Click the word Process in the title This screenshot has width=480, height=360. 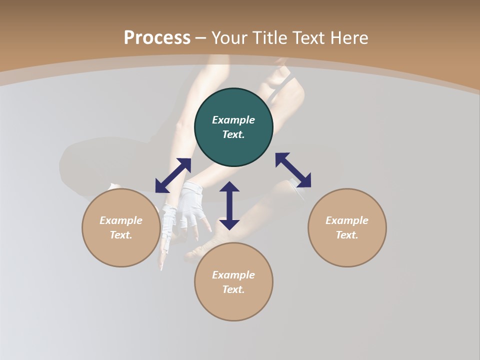[157, 38]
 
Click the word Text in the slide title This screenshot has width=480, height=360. [308, 38]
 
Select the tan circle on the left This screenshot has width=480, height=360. [121, 227]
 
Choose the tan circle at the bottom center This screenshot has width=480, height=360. [233, 281]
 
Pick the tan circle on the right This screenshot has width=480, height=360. [347, 227]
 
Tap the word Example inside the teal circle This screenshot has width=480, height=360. [233, 120]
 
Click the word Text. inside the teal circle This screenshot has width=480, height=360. [233, 134]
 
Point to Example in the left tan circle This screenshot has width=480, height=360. [121, 220]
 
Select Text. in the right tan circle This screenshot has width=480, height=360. [347, 235]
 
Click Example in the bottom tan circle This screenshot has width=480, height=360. [233, 275]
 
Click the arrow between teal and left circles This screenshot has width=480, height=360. [173, 175]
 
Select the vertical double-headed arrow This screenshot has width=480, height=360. [229, 205]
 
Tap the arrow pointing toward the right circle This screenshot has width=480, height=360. [293, 170]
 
